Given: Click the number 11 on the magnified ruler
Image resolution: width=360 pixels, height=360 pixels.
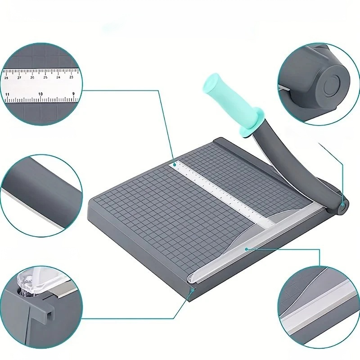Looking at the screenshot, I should [7, 94].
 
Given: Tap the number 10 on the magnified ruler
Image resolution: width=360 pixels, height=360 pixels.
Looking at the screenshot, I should [40, 94].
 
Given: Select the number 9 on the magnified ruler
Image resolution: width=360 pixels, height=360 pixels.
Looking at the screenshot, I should [72, 94].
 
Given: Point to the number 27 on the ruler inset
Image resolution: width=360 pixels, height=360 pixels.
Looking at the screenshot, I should [19, 77].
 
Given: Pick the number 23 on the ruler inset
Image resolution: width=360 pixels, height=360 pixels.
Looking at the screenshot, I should [71, 77].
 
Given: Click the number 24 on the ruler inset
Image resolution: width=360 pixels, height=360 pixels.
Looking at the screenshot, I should [58, 77].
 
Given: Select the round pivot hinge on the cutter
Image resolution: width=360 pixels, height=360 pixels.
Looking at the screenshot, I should [342, 206].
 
